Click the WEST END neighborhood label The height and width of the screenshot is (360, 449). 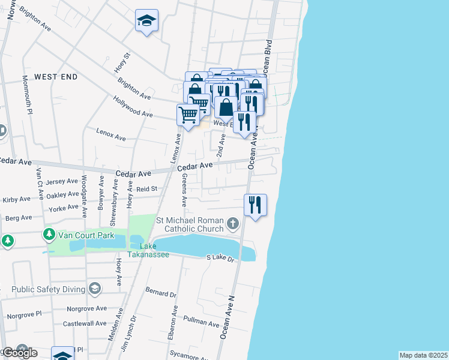point(56,77)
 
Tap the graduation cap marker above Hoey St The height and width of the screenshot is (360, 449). point(146,22)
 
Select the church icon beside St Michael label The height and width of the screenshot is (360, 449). point(233,224)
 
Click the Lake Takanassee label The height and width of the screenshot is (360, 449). point(154,251)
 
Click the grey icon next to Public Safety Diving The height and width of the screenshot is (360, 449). point(94,289)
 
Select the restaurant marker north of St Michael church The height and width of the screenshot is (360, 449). point(255,205)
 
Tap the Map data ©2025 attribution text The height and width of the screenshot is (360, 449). point(423,355)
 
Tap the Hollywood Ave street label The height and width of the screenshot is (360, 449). point(133,106)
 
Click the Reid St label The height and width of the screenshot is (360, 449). point(146,189)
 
